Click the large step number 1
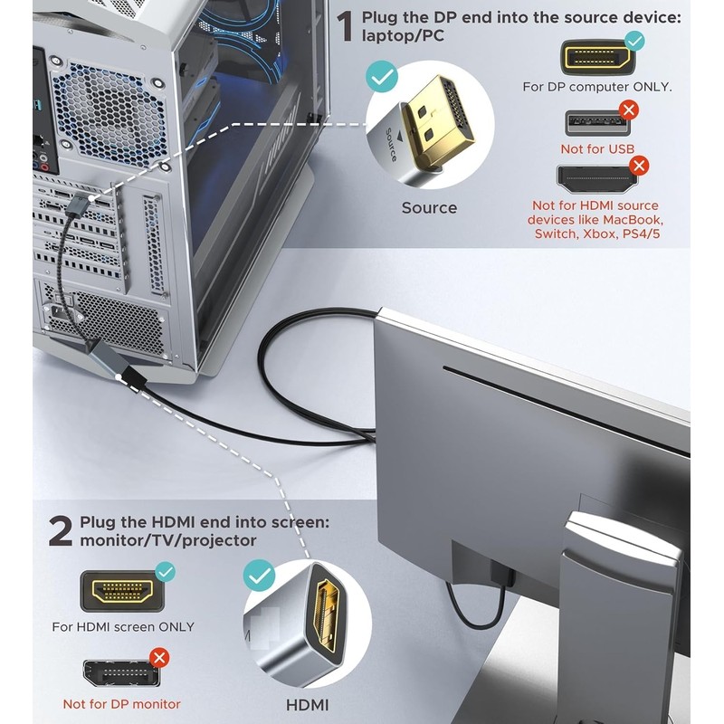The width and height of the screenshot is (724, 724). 345,27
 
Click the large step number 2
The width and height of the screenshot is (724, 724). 61,531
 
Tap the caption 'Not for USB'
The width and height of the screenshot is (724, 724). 597,148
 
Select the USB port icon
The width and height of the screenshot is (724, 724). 598,123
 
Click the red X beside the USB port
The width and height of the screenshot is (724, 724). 628,110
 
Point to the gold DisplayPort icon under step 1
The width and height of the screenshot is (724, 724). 597,57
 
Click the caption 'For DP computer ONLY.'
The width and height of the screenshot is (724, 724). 597,87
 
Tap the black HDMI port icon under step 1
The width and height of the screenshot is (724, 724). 596,179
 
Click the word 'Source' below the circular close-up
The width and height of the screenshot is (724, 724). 429,208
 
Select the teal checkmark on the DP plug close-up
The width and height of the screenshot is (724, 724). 382,77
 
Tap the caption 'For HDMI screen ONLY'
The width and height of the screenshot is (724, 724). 123,626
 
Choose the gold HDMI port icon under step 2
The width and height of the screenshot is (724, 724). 122,591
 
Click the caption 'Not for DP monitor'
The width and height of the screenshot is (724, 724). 122,704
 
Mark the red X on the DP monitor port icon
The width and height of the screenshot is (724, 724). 160,658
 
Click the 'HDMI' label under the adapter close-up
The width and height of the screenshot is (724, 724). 307,705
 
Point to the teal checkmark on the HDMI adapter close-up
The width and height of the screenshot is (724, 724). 260,576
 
